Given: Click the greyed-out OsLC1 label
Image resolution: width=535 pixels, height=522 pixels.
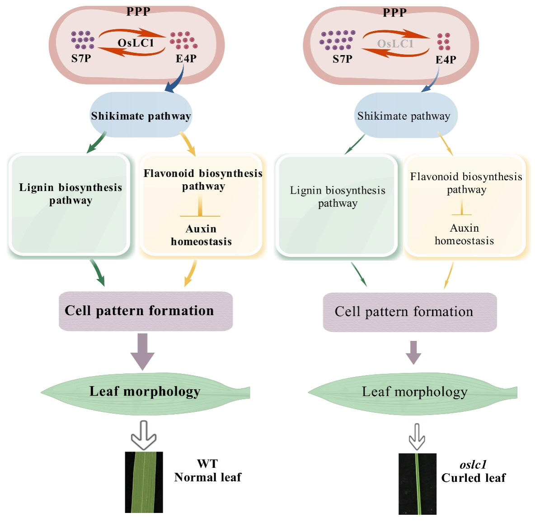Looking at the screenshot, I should point(395,44).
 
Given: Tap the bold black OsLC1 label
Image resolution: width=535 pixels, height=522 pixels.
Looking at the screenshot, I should point(136,43).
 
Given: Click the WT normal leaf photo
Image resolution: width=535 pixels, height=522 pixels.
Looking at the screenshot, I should point(144,482).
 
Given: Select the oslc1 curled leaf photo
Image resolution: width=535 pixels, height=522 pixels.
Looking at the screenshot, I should point(417,484).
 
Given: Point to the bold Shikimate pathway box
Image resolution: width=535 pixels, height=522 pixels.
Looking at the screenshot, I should point(141,116).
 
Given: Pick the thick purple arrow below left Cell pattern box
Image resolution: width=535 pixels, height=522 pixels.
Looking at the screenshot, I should point(142,351).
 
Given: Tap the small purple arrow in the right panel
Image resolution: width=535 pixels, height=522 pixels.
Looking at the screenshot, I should point(413,352).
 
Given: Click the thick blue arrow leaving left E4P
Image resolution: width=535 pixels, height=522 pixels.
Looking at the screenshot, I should point(176,81).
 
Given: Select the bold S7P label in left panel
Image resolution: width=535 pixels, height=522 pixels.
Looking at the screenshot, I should point(81,58).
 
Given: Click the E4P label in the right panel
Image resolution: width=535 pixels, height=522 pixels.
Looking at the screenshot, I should point(446,60).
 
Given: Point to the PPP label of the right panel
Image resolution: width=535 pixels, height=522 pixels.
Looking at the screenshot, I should point(394,13).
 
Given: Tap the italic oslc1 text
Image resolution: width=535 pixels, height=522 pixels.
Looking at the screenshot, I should point(473,465).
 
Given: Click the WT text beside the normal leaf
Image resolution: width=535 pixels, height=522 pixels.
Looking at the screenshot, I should point(207,464).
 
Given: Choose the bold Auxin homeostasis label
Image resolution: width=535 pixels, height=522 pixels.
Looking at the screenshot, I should point(201,235).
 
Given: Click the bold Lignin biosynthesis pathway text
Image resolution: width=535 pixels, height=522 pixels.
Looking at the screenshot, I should point(70,194).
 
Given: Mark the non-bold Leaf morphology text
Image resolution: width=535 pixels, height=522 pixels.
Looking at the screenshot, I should point(414,392).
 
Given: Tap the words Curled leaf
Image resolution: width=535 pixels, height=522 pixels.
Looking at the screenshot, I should point(474,478).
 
